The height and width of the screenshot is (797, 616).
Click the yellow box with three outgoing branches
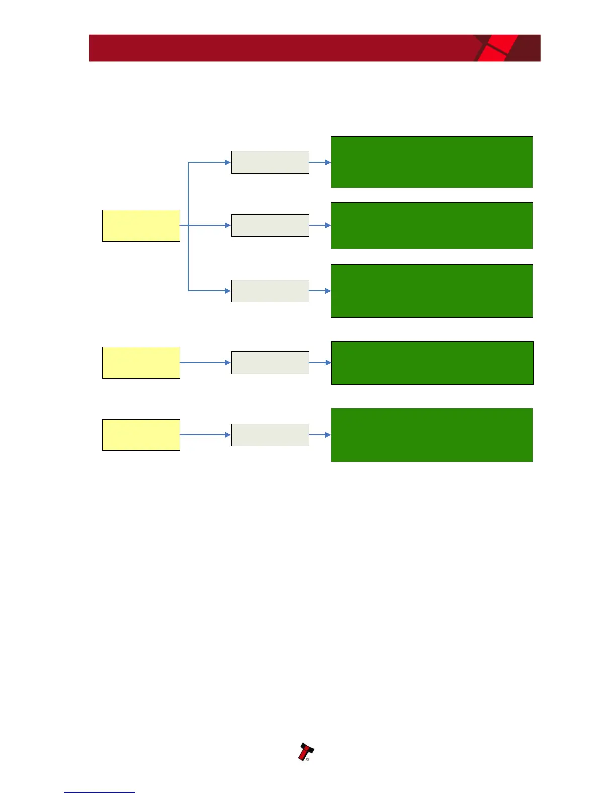pyautogui.click(x=141, y=225)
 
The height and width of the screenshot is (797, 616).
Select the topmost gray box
pyautogui.click(x=270, y=162)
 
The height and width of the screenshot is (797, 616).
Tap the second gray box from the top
pyautogui.click(x=270, y=225)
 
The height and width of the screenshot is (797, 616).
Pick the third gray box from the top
pyautogui.click(x=270, y=291)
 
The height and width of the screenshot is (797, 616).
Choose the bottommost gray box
pyautogui.click(x=270, y=435)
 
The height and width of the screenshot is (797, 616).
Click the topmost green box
pyautogui.click(x=432, y=162)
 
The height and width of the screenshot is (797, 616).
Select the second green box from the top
pyautogui.click(x=432, y=225)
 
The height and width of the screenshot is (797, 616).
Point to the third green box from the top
pyautogui.click(x=432, y=291)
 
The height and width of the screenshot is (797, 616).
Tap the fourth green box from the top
pyautogui.click(x=432, y=363)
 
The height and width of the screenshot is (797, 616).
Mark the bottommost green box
pyautogui.click(x=432, y=435)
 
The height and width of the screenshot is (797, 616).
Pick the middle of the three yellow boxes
pyautogui.click(x=141, y=362)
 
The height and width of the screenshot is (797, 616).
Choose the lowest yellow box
pyautogui.click(x=141, y=435)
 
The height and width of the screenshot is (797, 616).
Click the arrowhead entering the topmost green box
pyautogui.click(x=328, y=162)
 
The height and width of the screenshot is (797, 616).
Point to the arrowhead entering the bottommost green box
pyautogui.click(x=328, y=435)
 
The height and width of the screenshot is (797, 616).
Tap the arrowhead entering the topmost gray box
pyautogui.click(x=228, y=162)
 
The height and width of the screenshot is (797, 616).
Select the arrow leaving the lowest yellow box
pyautogui.click(x=204, y=435)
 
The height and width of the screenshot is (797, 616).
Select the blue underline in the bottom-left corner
pyautogui.click(x=100, y=792)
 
